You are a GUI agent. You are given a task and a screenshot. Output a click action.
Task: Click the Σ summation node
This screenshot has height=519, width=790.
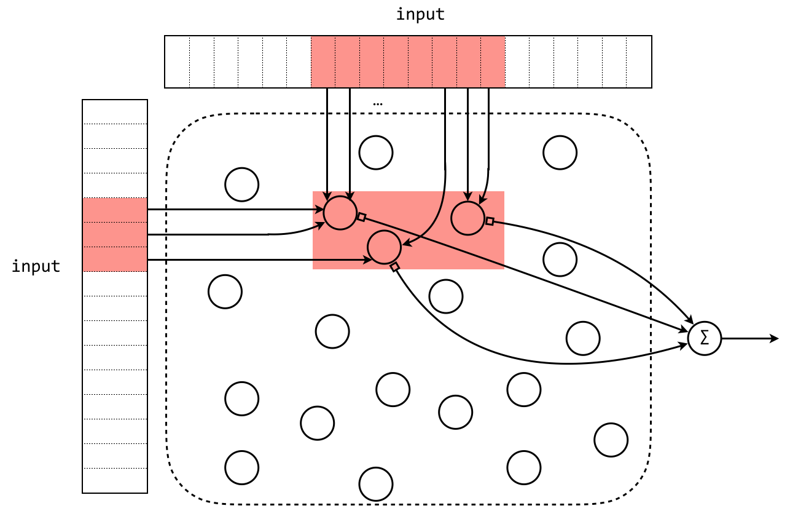(704, 338)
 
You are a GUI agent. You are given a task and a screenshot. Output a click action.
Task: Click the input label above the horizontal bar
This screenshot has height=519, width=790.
(420, 14)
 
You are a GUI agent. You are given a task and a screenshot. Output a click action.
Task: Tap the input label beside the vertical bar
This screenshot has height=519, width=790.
(36, 266)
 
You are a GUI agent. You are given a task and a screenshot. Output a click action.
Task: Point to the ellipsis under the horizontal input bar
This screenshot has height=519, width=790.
(378, 104)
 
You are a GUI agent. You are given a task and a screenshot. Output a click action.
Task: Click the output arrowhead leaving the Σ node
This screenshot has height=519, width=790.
(775, 338)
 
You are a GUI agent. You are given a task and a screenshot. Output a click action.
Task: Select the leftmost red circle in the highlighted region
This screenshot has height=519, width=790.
(340, 213)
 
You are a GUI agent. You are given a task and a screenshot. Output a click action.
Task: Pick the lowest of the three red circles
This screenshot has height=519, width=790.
(385, 247)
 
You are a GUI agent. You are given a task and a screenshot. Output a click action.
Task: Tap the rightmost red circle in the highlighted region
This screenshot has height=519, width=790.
(468, 218)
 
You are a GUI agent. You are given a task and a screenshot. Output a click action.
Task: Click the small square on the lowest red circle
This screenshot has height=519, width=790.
(395, 267)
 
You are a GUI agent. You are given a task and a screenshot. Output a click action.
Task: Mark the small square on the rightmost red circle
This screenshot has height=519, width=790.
(490, 221)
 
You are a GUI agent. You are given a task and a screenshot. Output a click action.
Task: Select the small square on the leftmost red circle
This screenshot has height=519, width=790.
(362, 216)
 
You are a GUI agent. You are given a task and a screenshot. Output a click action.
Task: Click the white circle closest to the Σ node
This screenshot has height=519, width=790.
(583, 338)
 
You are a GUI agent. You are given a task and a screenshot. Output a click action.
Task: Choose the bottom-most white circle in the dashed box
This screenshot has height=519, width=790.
(376, 484)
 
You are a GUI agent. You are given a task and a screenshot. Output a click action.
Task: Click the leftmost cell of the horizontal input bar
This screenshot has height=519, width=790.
(178, 61)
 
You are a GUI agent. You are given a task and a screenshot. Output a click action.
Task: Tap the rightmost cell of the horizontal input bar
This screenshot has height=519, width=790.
(639, 61)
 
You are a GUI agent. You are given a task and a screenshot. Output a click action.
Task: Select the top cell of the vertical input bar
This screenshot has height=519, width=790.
(115, 112)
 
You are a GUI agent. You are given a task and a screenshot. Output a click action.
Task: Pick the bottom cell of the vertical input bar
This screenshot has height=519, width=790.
(115, 480)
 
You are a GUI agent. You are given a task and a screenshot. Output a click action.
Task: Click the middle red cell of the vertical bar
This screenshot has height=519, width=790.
(115, 234)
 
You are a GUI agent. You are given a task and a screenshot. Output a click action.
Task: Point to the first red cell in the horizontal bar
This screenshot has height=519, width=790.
(323, 61)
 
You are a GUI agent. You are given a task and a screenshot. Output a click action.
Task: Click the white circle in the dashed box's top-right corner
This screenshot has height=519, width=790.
(560, 153)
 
